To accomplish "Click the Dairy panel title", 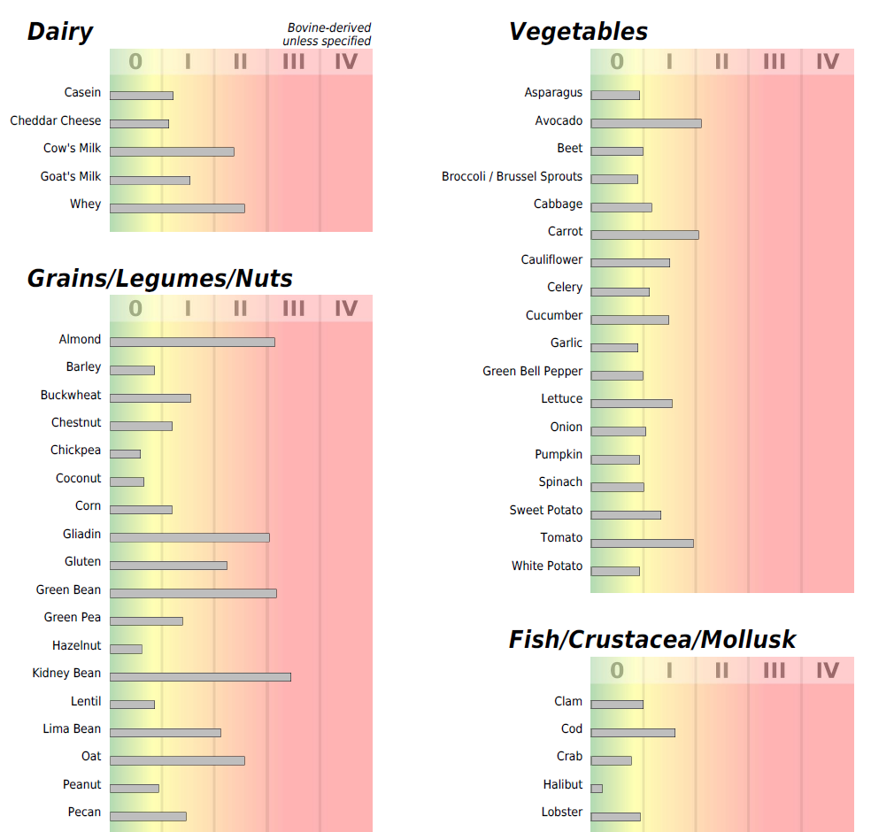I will [60, 33].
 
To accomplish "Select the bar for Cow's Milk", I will [172, 151].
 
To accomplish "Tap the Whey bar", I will [177, 208].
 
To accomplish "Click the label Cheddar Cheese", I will [56, 121].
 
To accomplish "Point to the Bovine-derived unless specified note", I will [327, 35].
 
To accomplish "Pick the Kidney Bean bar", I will [200, 677].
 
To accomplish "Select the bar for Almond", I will [192, 343].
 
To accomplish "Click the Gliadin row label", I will [82, 535].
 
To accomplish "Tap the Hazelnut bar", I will [126, 649].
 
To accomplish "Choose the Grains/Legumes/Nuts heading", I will [160, 279].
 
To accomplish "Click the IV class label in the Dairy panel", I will [346, 62].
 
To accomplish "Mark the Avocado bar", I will [646, 123].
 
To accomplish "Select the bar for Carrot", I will [644, 235].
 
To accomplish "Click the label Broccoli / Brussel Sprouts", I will [513, 177].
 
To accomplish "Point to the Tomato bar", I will [642, 543].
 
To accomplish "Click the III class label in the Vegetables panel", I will [775, 62].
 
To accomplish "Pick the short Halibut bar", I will [597, 788].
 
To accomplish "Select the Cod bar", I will [633, 732].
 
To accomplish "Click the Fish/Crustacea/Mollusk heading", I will [652, 640].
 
